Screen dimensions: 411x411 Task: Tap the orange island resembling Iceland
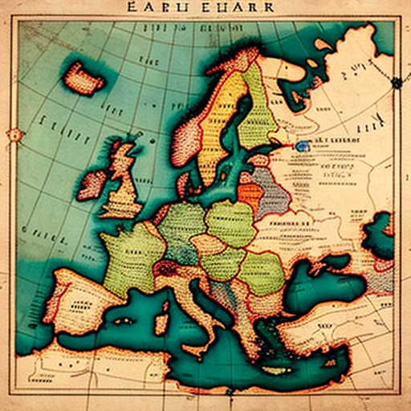(84, 78)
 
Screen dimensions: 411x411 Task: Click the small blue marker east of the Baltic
(302, 147)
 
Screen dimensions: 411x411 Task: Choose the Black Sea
(309, 277)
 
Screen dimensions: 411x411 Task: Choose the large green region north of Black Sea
(261, 273)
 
